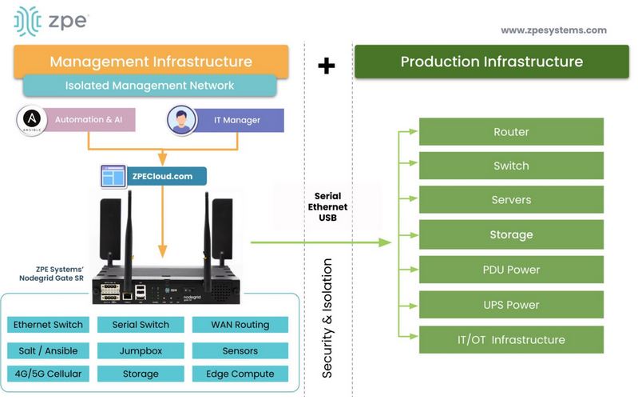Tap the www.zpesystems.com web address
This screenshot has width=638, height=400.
click(553, 30)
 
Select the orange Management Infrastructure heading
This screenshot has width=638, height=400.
click(151, 62)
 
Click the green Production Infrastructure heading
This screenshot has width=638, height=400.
click(491, 62)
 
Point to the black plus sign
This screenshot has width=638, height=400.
click(326, 66)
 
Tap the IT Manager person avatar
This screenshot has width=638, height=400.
click(180, 120)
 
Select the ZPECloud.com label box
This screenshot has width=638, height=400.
click(151, 176)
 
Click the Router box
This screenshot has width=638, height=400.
click(511, 132)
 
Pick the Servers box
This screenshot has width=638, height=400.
click(511, 200)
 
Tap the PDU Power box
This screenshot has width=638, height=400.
click(511, 270)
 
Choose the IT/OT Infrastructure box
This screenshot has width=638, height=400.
click(511, 340)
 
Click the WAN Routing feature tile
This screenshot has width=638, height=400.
click(240, 325)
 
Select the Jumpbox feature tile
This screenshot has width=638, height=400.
click(144, 350)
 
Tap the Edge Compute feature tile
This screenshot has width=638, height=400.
click(240, 374)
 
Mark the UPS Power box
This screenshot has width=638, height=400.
click(511, 305)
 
